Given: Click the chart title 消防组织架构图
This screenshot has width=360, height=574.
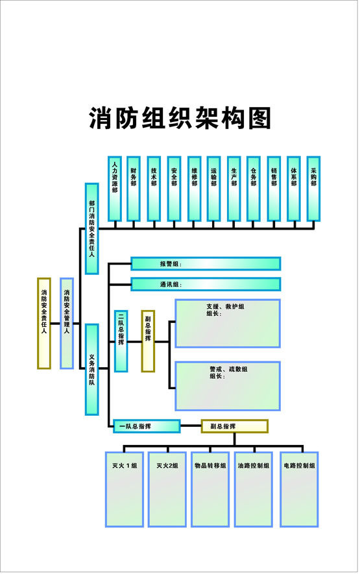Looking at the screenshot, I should click(x=179, y=119).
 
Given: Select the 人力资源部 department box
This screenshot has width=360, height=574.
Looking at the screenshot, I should click(x=115, y=188).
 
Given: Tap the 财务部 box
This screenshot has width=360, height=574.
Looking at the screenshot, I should click(x=134, y=188).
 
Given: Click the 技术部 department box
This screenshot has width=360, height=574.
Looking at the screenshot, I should click(x=154, y=188).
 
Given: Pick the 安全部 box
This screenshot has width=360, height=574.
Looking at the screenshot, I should click(x=174, y=188).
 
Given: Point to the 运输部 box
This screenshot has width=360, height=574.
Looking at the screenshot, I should click(x=214, y=188).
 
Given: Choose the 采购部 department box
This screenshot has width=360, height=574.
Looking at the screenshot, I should click(x=314, y=188).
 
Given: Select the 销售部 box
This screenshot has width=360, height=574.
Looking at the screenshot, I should click(x=274, y=188).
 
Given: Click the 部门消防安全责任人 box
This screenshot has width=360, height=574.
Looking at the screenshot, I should click(x=92, y=228).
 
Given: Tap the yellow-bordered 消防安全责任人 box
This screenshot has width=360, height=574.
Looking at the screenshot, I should click(x=43, y=323).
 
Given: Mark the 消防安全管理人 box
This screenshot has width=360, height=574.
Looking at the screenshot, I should click(x=67, y=323).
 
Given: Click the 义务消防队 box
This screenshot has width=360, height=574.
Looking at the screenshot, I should click(x=92, y=370).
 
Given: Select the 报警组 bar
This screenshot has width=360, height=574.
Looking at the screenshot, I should click(x=206, y=263).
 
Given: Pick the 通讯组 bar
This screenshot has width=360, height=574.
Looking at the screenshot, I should click(x=206, y=284).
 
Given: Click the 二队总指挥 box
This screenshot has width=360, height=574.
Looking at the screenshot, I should click(x=121, y=341).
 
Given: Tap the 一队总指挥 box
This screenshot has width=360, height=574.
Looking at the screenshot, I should click(x=147, y=426).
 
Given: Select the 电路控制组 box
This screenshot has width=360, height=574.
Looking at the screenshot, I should click(x=300, y=488).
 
